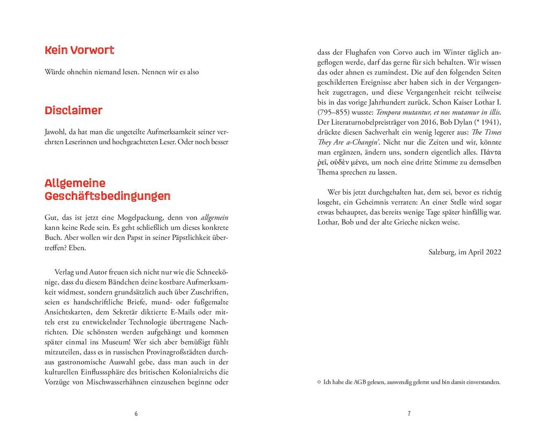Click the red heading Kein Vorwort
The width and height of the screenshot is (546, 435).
point(79,51)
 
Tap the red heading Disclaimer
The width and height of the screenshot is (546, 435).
point(73,111)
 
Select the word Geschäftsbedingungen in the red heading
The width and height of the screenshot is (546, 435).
point(108,196)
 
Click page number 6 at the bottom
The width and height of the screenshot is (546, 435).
point(136,414)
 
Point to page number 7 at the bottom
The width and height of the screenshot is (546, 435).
point(409,414)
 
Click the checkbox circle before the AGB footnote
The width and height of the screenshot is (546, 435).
point(319,382)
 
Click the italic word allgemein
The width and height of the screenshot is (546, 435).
point(214,218)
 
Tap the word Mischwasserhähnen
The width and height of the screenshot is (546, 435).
point(125,382)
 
